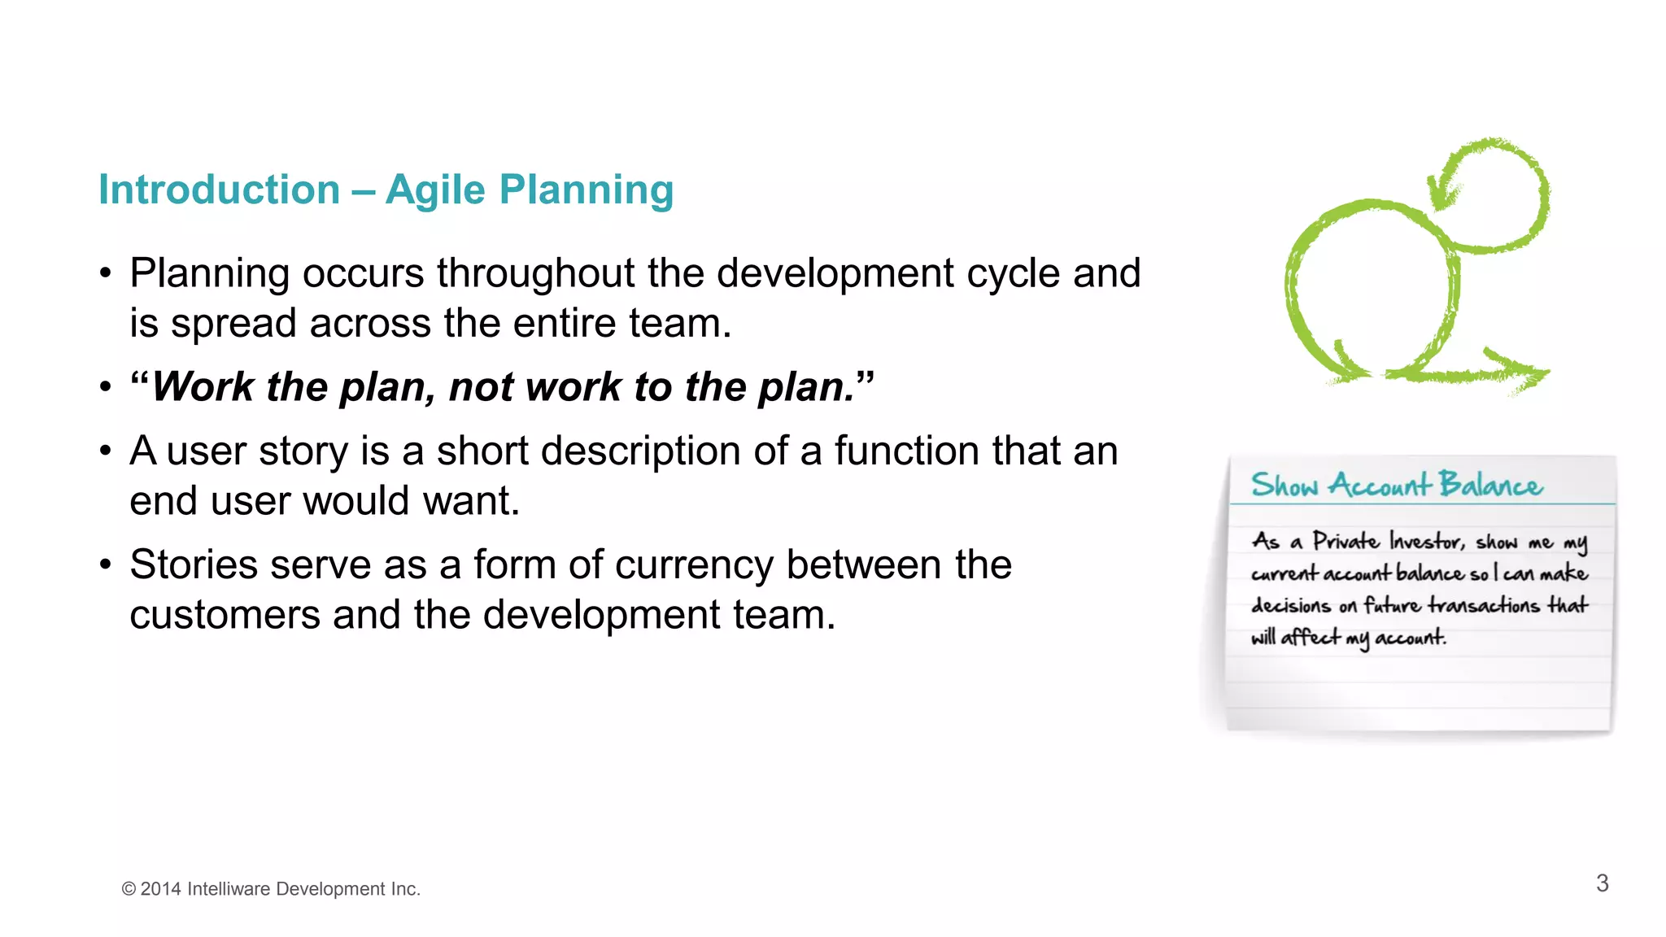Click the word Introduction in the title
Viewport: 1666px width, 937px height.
[219, 190]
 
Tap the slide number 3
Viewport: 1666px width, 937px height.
[1602, 883]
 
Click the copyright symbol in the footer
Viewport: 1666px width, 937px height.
[129, 889]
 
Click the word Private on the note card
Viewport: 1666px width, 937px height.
[1345, 542]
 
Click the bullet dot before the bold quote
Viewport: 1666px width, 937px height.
[106, 387]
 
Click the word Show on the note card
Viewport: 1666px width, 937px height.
[1284, 485]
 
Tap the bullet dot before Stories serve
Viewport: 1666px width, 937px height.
[106, 564]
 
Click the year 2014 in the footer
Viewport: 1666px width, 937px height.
[160, 889]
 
